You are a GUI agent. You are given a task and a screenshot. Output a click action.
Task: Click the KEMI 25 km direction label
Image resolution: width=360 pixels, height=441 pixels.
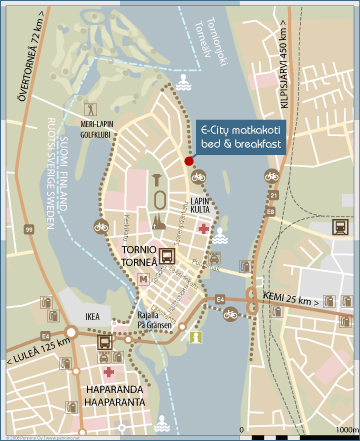click(292, 300)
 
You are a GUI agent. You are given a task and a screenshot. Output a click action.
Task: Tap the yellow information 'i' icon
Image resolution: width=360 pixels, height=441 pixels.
click(196, 338)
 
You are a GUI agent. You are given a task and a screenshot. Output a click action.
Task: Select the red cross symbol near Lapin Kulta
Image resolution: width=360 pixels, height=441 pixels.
click(203, 229)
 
